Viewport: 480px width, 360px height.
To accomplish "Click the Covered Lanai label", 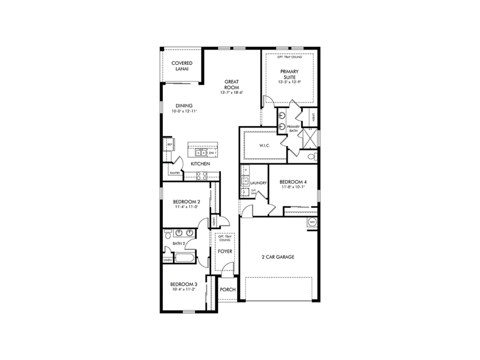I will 182,66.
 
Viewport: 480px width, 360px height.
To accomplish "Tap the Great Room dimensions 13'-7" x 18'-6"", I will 232,93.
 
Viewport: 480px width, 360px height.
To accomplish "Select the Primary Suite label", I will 289,74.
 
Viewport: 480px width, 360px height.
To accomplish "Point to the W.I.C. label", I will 265,145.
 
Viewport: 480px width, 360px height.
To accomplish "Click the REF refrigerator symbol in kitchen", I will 169,145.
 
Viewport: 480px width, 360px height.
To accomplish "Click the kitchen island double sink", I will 201,153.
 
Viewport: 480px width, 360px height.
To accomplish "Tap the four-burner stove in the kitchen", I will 202,175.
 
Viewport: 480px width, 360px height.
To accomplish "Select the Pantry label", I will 175,173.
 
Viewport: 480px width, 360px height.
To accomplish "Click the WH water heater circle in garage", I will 312,222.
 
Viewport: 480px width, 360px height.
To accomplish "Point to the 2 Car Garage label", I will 278,257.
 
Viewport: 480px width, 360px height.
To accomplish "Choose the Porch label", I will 228,289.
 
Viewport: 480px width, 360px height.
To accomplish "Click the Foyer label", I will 225,251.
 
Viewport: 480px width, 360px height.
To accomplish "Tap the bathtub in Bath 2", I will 185,258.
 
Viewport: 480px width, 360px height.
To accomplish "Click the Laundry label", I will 258,183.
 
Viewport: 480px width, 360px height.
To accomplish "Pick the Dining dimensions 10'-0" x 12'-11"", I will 184,111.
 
